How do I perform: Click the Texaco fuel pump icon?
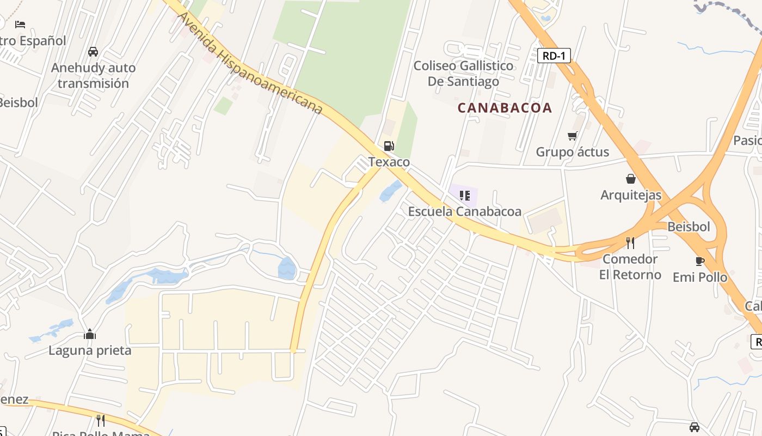coord(389,146)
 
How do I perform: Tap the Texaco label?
coord(389,162)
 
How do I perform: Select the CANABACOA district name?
coord(505,108)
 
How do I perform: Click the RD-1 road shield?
coord(554,56)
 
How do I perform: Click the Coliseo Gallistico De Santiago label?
coord(463,74)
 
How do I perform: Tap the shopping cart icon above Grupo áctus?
coord(572,136)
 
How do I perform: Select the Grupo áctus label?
coord(572,152)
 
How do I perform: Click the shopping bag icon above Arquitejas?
coord(630,179)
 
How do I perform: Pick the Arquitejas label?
coord(630,195)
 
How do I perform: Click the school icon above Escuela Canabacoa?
coord(464,195)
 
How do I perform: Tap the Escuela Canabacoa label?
coord(464,211)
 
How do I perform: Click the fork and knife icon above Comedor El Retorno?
coord(630,243)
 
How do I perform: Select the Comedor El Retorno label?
coord(630,267)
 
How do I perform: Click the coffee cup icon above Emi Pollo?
coord(700,261)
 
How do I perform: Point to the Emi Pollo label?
coord(700,277)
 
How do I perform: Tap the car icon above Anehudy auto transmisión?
coord(93,52)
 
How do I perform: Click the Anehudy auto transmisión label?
coord(93,76)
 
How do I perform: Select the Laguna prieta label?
coord(90,350)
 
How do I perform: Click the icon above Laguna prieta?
coord(90,334)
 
